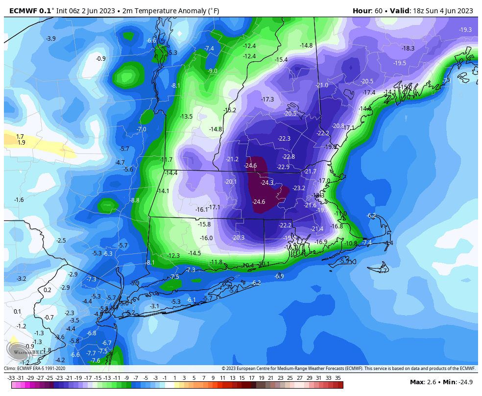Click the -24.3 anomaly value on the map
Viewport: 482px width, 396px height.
267,183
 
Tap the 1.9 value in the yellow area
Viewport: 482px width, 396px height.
21,143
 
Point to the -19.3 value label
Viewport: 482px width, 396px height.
465,30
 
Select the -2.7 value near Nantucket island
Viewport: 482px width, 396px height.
383,271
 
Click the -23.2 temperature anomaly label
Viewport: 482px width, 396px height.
299,188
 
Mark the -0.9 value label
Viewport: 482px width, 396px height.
100,59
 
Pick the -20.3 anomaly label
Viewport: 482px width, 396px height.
238,238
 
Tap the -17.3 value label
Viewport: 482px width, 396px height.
267,99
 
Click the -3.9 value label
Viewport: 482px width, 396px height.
50,39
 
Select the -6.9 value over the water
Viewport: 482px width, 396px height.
279,276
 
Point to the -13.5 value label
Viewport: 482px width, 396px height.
186,117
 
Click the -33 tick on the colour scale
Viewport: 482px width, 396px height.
11,378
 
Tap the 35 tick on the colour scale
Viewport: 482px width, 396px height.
338,378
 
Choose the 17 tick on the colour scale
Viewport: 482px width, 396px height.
251,378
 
